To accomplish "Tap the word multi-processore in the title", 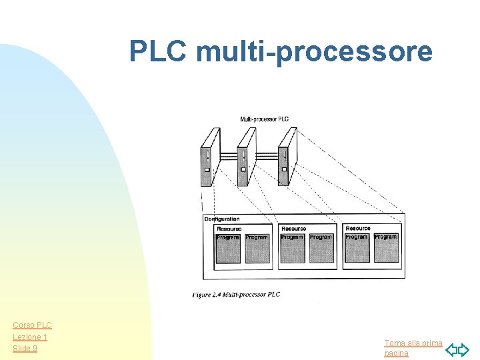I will coord(314,52).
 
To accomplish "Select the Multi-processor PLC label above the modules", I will coord(264,119).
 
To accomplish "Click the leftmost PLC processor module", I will coord(209,157).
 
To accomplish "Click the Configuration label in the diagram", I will coord(222,219).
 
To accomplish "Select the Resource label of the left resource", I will coord(229,229).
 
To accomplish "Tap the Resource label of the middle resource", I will coord(293,229).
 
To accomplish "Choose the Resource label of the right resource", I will coord(358,228).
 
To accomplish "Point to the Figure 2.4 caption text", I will coord(236,295).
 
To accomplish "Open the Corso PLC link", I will coord(32,325).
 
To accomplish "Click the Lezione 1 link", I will coord(29,337).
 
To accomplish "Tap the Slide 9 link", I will coord(25,349).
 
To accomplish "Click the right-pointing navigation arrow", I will coord(464,349).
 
